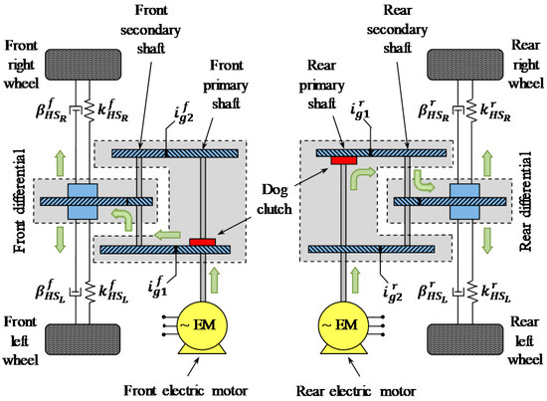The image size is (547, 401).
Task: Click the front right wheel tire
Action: click(83, 63)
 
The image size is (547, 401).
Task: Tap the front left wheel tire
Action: click(83, 338)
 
